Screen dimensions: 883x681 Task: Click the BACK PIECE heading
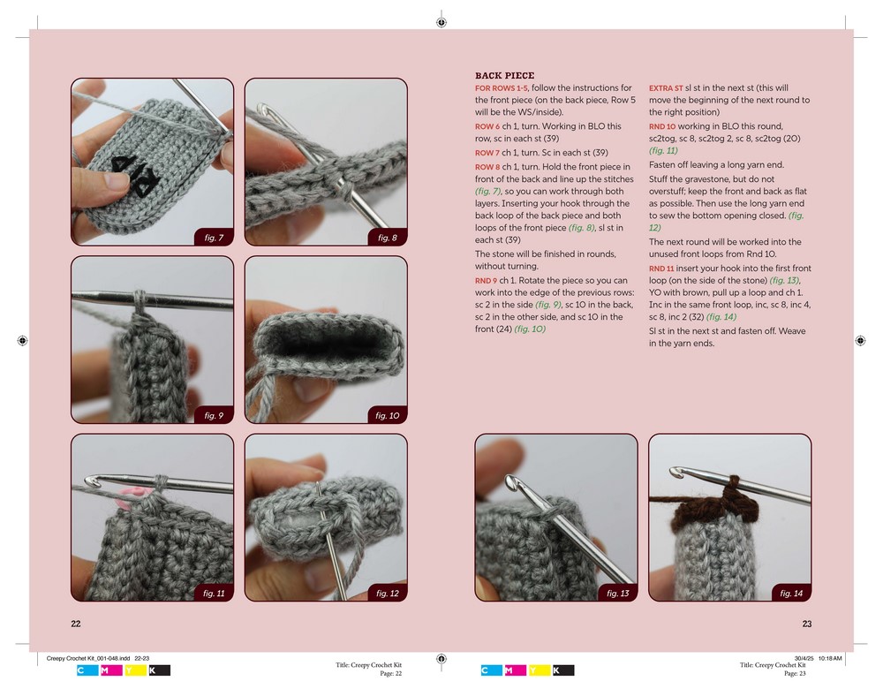(x=504, y=75)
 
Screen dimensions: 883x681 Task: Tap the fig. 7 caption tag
(x=214, y=237)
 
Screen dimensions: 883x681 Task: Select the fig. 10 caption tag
(x=387, y=415)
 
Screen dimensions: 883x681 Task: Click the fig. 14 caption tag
(x=791, y=593)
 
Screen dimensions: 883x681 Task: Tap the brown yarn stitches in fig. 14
(x=715, y=504)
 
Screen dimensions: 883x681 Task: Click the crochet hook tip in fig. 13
(x=510, y=483)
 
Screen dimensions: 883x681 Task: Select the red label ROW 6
(x=487, y=126)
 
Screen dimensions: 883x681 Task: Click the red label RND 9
(x=486, y=281)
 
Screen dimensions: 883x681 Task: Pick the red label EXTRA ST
(x=666, y=88)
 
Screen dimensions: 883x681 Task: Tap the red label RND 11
(x=661, y=269)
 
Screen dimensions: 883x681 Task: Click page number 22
(x=76, y=624)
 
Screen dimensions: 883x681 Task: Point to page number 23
(x=807, y=624)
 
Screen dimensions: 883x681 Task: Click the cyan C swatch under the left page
(x=87, y=670)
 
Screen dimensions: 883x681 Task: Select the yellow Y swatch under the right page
(x=540, y=670)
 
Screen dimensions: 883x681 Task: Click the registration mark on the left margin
(x=23, y=340)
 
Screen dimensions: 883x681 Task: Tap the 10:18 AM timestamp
(x=830, y=658)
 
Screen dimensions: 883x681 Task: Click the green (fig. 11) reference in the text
(x=663, y=150)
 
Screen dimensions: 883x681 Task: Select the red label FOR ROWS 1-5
(x=502, y=88)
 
